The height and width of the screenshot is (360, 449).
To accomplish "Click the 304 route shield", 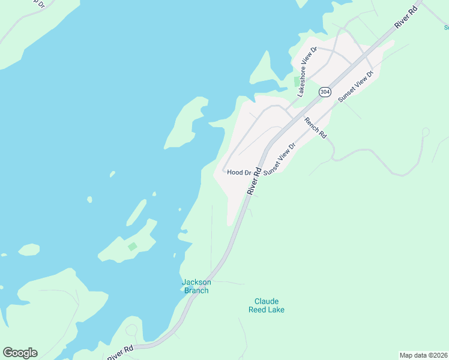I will (x=325, y=92).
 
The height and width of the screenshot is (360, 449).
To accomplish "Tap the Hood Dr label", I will (x=239, y=173).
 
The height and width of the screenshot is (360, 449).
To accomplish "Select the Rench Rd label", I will (x=315, y=127).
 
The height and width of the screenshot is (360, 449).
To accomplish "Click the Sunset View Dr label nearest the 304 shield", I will (x=356, y=86).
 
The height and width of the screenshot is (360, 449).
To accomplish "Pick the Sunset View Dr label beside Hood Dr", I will (x=280, y=159).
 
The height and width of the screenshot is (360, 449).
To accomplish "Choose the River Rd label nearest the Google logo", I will (x=119, y=352).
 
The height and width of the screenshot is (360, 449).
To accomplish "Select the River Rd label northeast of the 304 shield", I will (x=406, y=18).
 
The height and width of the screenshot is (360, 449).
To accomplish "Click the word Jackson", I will (x=197, y=282).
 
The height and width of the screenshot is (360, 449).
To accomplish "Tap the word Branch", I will (x=197, y=290).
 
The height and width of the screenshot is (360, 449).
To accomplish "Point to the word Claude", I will (x=267, y=301).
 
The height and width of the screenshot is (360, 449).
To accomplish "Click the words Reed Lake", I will (x=267, y=310).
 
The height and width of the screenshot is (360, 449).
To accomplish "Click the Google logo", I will (x=20, y=353).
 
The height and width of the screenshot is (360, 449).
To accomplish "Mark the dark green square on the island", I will (x=133, y=247).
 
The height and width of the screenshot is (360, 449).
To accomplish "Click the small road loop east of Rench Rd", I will (x=426, y=131).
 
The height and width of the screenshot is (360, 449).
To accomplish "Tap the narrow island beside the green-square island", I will (x=136, y=212).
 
